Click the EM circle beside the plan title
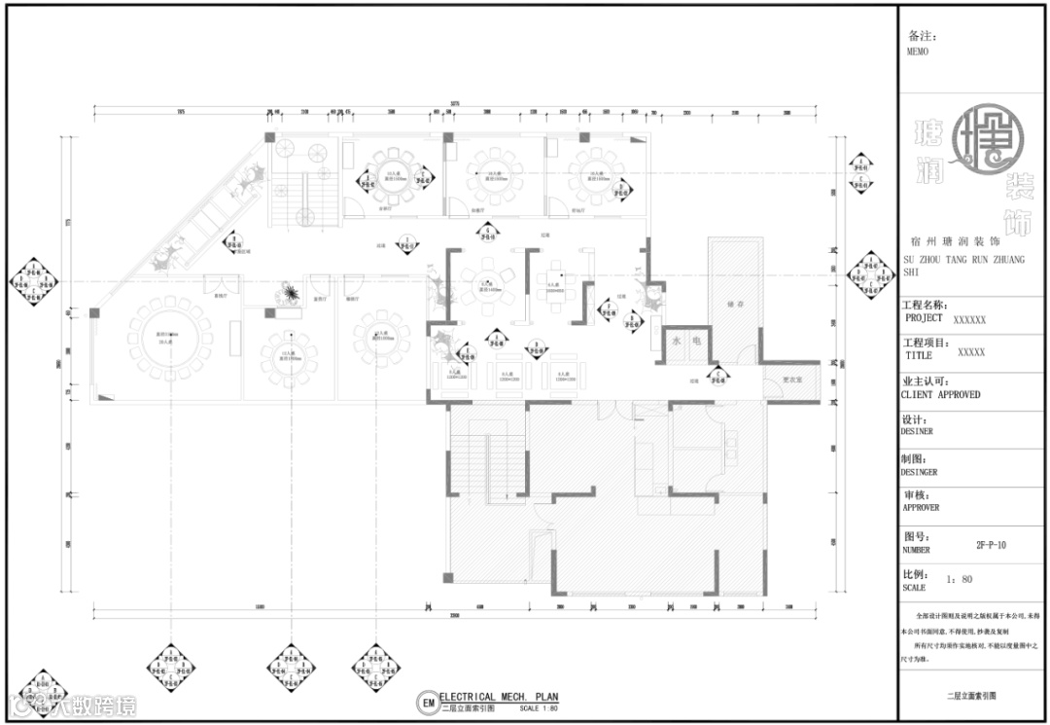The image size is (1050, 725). (427, 702)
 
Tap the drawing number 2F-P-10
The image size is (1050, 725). (991, 546)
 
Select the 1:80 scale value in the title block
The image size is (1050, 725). (960, 579)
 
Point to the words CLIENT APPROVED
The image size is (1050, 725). (941, 395)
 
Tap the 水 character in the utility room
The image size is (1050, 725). (676, 341)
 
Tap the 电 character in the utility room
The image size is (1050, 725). (696, 341)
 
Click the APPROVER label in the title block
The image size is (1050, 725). (921, 507)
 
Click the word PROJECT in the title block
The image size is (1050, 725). (924, 318)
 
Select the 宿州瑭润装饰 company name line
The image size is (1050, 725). (963, 238)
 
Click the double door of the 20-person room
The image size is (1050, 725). (215, 284)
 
